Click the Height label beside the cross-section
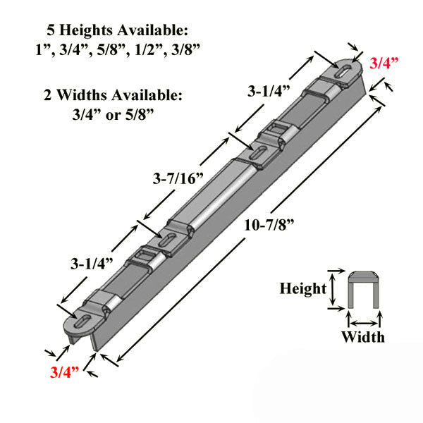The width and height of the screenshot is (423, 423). click(302, 288)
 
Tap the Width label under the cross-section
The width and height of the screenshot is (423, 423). click(363, 336)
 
